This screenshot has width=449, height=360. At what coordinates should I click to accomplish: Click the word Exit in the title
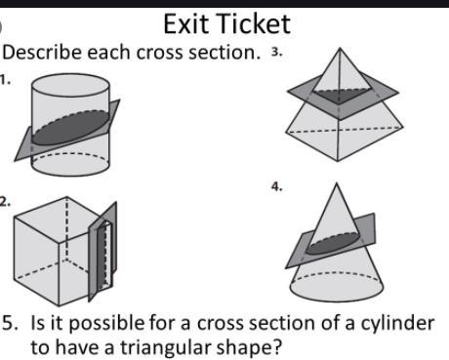[185, 23]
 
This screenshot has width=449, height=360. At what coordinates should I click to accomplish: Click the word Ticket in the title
[253, 23]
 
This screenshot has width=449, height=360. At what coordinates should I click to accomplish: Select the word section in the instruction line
[224, 53]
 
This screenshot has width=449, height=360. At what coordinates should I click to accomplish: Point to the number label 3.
[276, 52]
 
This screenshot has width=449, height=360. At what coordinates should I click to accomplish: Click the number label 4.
[277, 187]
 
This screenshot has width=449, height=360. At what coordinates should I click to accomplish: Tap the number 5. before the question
[11, 323]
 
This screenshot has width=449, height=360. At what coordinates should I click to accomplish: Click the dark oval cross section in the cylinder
[70, 128]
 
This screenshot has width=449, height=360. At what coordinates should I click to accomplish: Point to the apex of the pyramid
[340, 48]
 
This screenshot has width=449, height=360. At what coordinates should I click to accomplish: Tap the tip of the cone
[337, 183]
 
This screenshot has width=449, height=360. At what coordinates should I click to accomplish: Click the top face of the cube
[61, 219]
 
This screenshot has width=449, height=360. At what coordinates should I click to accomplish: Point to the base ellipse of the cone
[337, 286]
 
